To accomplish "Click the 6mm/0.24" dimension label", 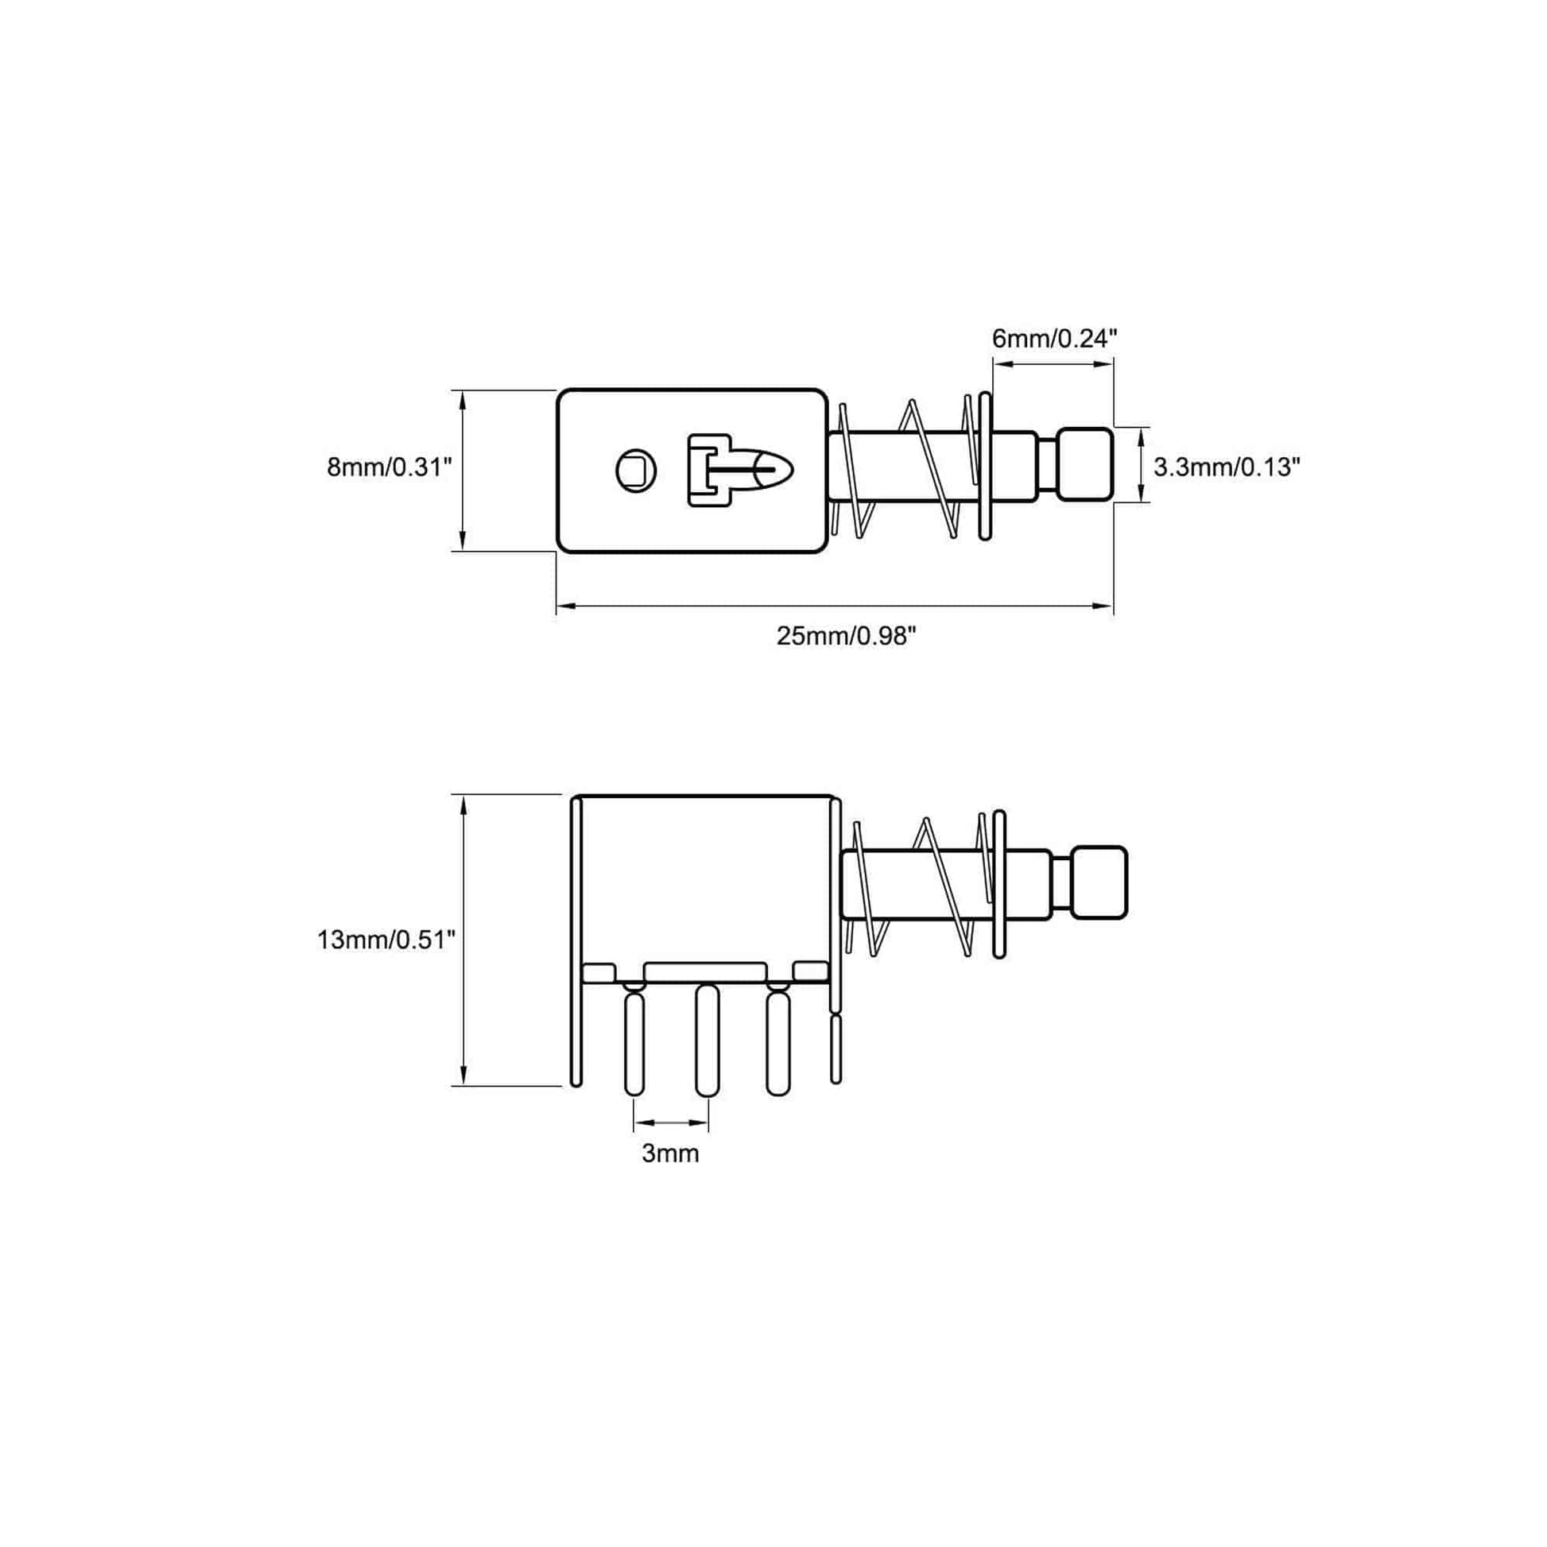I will pos(1054,339).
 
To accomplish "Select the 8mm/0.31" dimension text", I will pos(390,466).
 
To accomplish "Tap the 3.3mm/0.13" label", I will pos(1226,466).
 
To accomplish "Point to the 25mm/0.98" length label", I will pos(846,636).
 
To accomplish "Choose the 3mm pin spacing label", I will pos(670,1153).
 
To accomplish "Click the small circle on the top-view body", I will pos(637,470).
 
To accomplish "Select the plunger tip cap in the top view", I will pos(1086,465).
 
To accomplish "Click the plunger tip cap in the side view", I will pos(1100,882).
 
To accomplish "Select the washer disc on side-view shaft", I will pos(998,884).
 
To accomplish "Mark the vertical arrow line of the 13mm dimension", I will pos(462,940).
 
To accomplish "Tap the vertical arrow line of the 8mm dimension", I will pos(462,470).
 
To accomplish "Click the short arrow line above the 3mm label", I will pos(671,1122).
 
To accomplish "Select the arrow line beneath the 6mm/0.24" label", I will pos(1053,364).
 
